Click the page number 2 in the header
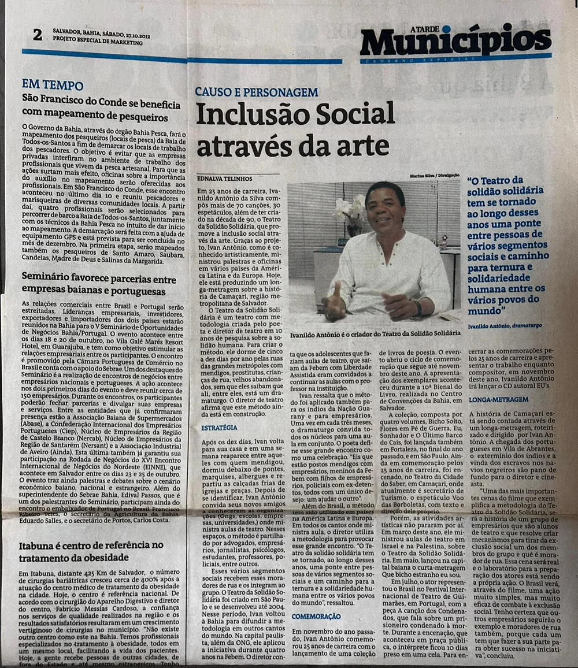click(38, 35)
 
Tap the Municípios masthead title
click(455, 41)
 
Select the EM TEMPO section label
click(53, 85)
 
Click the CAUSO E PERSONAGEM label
click(256, 92)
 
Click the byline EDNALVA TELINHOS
click(225, 179)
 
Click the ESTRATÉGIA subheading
click(219, 428)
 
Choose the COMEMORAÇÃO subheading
click(316, 616)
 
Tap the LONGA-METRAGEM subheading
click(499, 399)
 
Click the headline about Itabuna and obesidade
click(91, 551)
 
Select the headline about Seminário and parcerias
click(99, 284)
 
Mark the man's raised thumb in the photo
click(338, 288)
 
